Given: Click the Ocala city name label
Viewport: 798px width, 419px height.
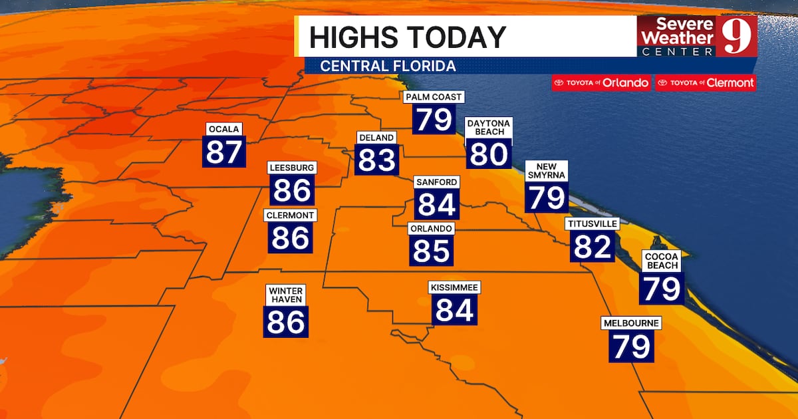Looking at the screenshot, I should click(x=224, y=128).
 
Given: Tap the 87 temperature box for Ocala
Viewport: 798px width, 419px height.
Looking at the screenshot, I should click(x=224, y=152).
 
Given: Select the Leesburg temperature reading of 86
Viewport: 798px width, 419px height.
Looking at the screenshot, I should click(x=292, y=191).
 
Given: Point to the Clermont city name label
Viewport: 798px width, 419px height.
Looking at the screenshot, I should click(x=290, y=215).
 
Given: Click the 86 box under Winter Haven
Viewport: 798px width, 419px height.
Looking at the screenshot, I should click(x=287, y=322).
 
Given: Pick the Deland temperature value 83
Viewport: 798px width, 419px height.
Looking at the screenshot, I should click(x=377, y=160).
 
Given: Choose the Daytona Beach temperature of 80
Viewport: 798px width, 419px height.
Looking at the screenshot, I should click(x=489, y=154).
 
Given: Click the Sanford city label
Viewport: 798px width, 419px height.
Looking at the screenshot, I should click(x=436, y=182).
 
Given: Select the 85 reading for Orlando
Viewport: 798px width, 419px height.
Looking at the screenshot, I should click(x=432, y=251).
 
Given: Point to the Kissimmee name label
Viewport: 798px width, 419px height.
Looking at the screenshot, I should click(x=455, y=287).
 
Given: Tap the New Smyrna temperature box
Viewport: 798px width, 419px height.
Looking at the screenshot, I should click(x=547, y=197).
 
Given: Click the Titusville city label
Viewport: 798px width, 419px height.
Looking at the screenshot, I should click(x=592, y=223).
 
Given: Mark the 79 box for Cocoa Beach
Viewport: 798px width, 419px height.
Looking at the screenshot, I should click(x=661, y=289).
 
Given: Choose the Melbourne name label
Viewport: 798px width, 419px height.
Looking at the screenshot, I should click(x=631, y=323).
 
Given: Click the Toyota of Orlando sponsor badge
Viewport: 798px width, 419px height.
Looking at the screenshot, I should click(x=601, y=83).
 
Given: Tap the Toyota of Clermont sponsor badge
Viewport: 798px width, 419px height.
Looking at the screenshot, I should click(x=706, y=83).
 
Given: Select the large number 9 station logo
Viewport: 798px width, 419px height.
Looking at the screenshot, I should click(x=736, y=37).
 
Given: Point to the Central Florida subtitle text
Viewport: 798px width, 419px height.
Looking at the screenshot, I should click(x=388, y=67).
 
